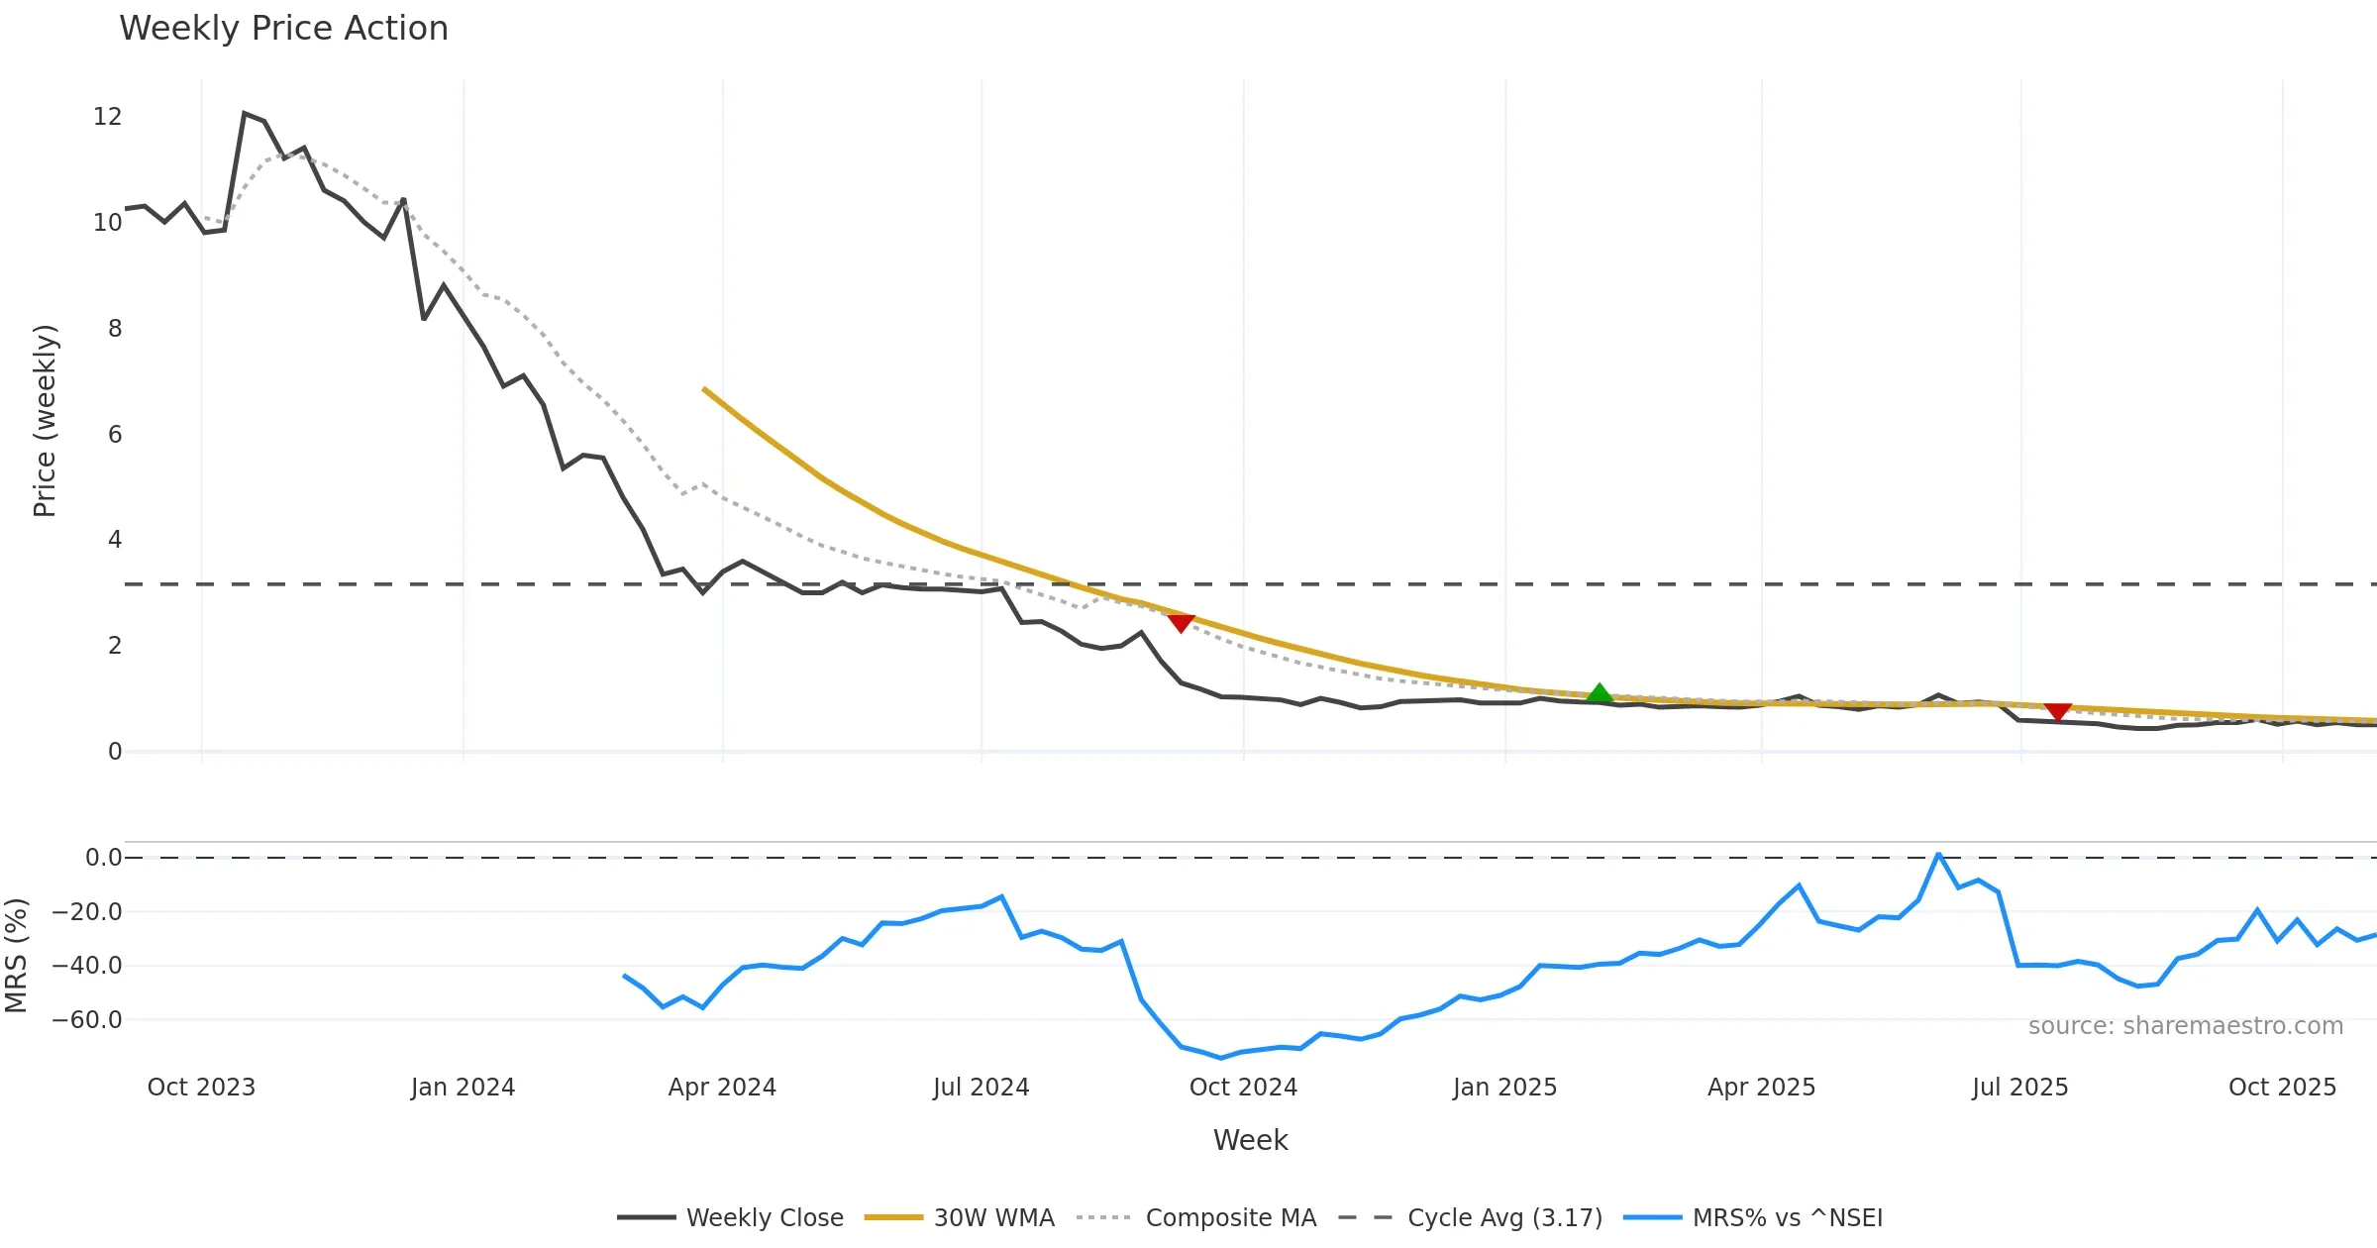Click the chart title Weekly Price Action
coord(283,29)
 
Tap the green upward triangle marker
coord(1599,693)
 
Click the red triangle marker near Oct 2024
coord(1181,622)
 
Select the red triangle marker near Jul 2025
coord(2058,711)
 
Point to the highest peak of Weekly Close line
coord(245,114)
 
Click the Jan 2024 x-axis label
coord(463,1088)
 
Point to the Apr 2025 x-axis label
coord(1761,1088)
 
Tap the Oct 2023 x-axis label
coord(201,1088)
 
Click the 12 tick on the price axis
coord(107,117)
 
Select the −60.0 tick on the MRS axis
coord(87,1020)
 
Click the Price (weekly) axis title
coord(45,421)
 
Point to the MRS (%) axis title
coord(16,956)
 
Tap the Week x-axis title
coord(1250,1141)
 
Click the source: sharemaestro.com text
coord(2185,1026)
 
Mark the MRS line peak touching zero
coord(1938,854)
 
